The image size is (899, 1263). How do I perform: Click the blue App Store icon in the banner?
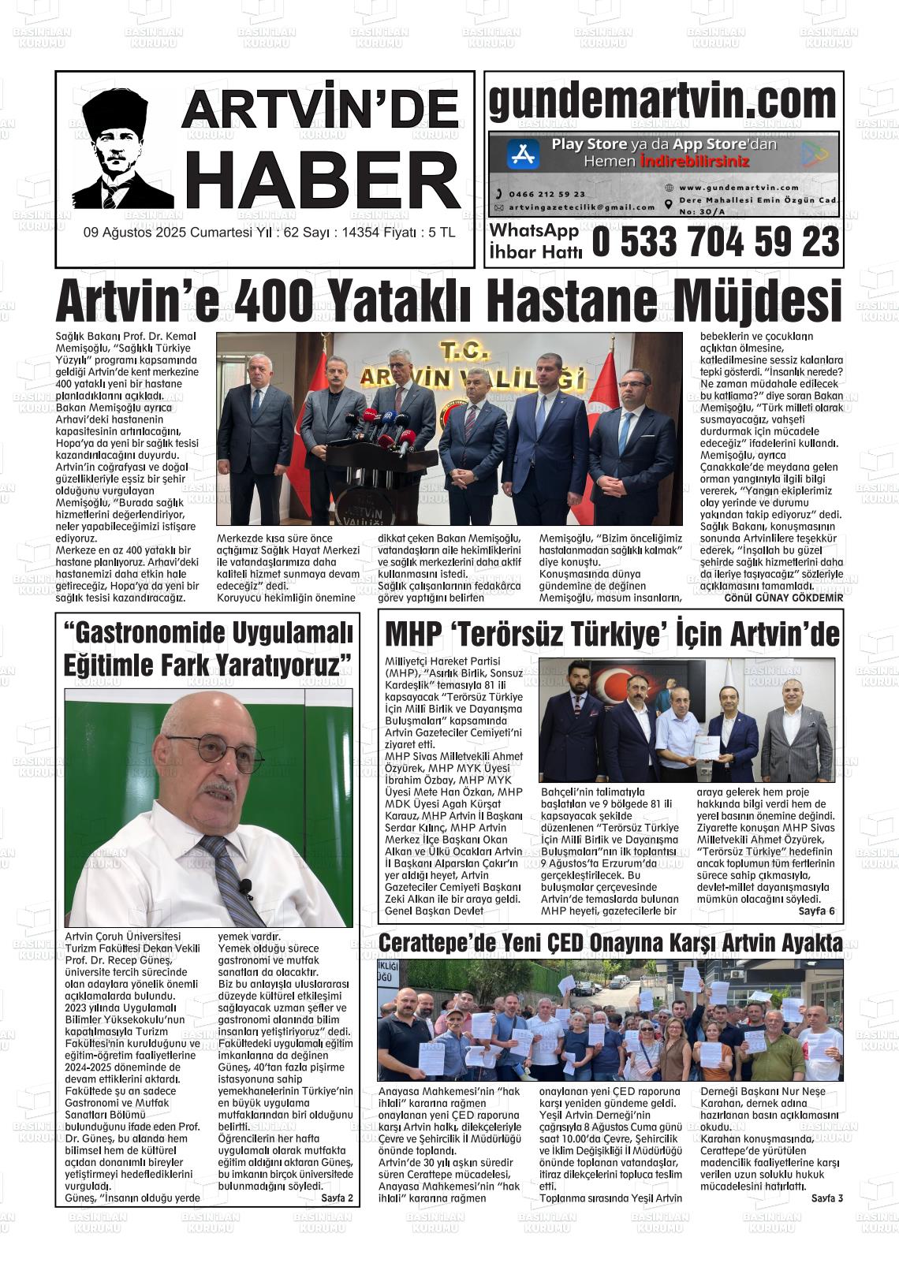(x=522, y=154)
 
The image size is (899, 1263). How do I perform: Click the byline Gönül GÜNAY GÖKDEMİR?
(x=783, y=598)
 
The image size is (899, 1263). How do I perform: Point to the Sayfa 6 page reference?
(x=816, y=911)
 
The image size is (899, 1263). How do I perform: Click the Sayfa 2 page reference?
(x=338, y=1198)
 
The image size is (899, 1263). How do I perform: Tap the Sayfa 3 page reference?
(x=827, y=1198)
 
